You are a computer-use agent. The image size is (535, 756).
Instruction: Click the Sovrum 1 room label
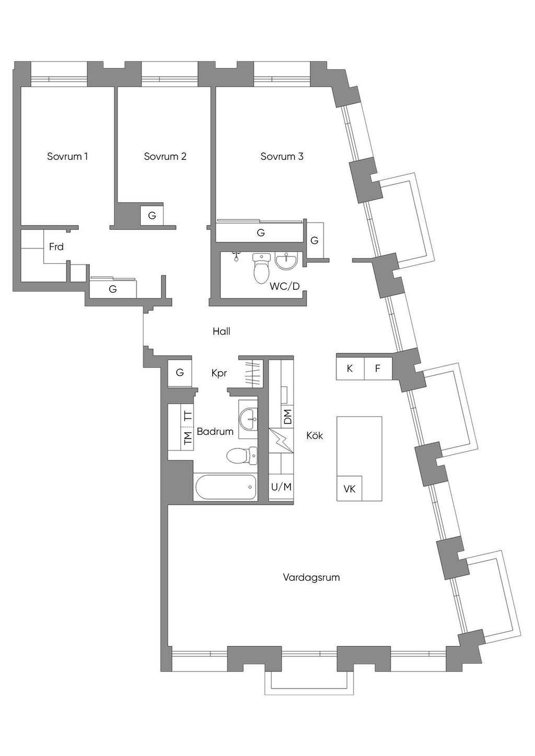point(67,157)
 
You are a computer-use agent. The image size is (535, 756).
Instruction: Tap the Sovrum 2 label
point(165,157)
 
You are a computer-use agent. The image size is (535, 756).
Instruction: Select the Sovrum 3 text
point(282,157)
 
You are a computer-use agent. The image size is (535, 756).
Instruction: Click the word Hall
point(222,332)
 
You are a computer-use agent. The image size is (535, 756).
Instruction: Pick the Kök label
point(315,436)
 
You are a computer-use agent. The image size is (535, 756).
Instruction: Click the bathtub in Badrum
point(226,487)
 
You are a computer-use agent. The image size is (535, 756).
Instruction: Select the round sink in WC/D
point(287,261)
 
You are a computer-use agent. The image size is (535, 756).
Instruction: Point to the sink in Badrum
point(248,420)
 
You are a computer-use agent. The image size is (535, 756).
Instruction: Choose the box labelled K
point(350,369)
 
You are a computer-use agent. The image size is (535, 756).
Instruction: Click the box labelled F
point(378,369)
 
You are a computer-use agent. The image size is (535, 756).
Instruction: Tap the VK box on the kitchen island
point(350,488)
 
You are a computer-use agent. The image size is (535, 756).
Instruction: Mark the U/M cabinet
point(282,487)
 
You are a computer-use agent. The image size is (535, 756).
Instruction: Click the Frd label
point(56,247)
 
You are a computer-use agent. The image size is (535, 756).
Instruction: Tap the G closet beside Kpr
point(180,373)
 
